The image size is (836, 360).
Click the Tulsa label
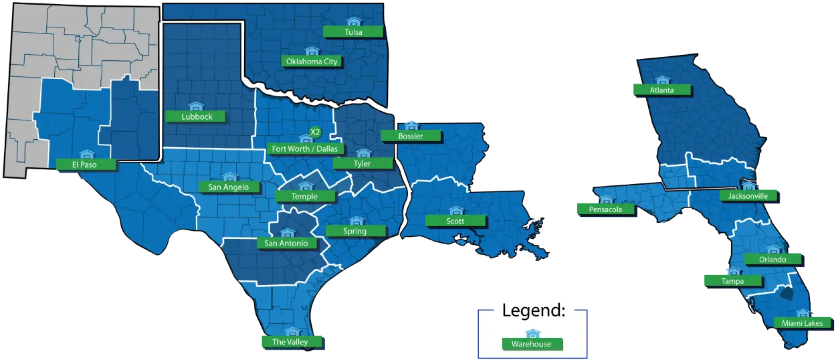point(353,31)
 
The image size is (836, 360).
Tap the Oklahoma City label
point(312,62)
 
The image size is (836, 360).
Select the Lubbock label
point(196,116)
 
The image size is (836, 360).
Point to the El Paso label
point(86,164)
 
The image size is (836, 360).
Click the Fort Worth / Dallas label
point(304,149)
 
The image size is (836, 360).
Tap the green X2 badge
point(315,132)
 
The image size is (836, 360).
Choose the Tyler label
point(362,163)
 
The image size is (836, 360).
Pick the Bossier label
point(411,136)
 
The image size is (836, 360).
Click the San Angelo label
point(228,187)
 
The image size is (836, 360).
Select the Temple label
point(305,196)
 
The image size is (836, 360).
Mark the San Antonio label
point(286,243)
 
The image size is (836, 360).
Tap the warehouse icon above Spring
point(356,221)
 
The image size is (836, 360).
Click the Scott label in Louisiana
point(455,221)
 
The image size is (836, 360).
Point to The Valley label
point(290,342)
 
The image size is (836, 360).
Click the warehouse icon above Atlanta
point(662,80)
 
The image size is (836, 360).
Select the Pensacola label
point(605,209)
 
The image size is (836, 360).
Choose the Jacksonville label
point(748,196)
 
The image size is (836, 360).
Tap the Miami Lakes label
point(802,323)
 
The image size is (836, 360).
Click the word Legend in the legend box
point(533,311)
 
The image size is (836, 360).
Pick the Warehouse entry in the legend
point(532,344)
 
